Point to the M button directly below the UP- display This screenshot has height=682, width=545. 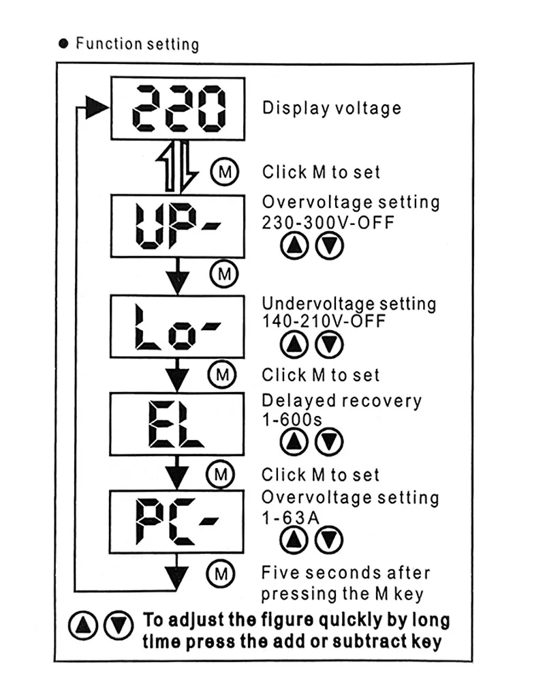(x=223, y=274)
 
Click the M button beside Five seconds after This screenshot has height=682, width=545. (x=221, y=572)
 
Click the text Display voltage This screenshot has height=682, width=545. (x=332, y=108)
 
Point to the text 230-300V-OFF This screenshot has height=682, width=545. (x=328, y=222)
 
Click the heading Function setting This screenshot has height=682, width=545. (x=137, y=44)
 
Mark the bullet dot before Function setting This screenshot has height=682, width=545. (x=64, y=44)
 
